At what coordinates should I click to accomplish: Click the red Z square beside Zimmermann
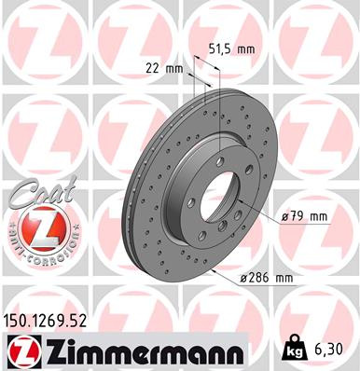[21, 351]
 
